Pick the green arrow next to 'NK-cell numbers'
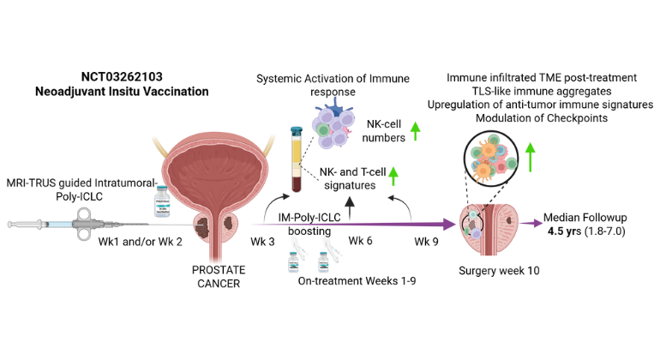click(x=415, y=131)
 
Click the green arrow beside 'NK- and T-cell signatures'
click(x=394, y=177)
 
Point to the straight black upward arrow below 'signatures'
click(x=351, y=205)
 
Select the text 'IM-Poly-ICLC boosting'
click(x=320, y=225)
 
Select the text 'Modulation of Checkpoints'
click(x=541, y=117)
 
